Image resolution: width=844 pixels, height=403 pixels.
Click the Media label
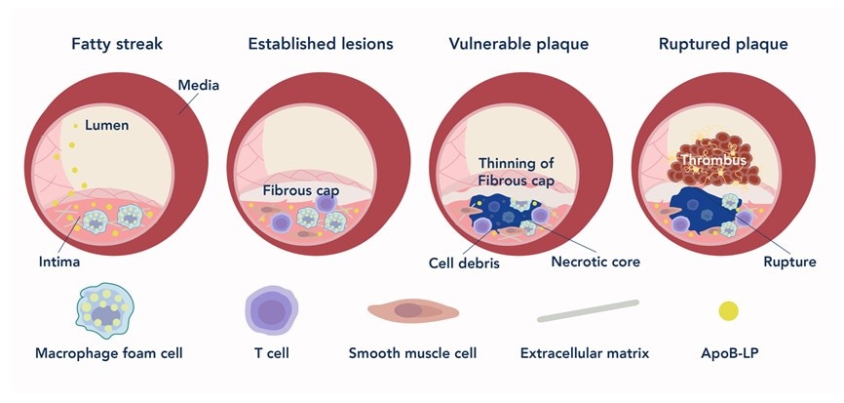coord(198,86)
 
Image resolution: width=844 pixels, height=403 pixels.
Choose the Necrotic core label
coord(595,262)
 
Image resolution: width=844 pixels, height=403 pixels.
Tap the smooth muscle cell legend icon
coord(412,311)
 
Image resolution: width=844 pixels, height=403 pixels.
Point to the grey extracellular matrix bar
coord(588,310)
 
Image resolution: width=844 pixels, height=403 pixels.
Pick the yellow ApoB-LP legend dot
coord(728,311)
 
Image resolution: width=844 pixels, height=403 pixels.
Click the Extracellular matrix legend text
coord(588,352)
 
